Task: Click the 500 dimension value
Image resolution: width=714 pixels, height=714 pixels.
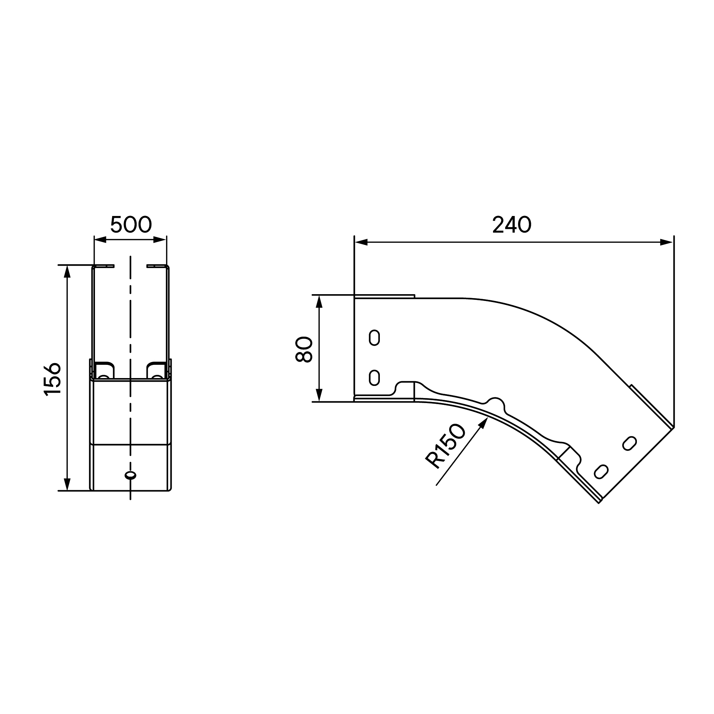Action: pyautogui.click(x=131, y=224)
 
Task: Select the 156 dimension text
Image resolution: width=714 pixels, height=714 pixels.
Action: pyautogui.click(x=52, y=379)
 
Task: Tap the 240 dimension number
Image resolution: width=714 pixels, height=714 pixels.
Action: pyautogui.click(x=512, y=225)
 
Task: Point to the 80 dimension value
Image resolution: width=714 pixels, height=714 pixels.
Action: pyautogui.click(x=304, y=349)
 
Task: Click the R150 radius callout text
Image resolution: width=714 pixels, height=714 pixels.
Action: pyautogui.click(x=445, y=447)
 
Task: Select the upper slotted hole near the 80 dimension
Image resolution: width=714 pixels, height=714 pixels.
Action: pyautogui.click(x=374, y=338)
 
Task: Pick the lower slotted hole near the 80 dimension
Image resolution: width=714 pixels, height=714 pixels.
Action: pyautogui.click(x=374, y=377)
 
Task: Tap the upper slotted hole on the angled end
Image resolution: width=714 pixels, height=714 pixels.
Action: pyautogui.click(x=630, y=443)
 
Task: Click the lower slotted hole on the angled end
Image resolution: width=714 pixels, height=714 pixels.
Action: pyautogui.click(x=601, y=472)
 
